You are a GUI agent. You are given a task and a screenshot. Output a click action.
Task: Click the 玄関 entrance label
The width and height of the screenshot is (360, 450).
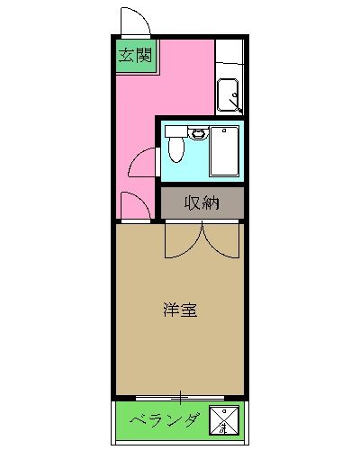(x=136, y=55)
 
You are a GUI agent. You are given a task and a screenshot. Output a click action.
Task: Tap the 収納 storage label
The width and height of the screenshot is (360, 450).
(x=202, y=202)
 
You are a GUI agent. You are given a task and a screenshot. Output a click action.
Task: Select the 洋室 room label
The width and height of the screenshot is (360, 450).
(x=180, y=310)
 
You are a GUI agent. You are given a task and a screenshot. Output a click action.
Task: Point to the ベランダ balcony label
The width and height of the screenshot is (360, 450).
(x=165, y=420)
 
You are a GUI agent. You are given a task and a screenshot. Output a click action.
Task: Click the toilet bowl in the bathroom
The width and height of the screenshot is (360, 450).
(x=176, y=149)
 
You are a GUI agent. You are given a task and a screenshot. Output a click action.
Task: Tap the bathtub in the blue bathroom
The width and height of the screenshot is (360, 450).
(x=225, y=151)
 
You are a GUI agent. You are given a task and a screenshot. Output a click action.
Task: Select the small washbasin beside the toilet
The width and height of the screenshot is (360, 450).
(x=198, y=133)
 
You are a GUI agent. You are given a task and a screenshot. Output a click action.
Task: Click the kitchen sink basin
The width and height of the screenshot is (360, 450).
(x=228, y=94)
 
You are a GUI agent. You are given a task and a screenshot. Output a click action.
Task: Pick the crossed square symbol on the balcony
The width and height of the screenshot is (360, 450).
(x=224, y=420)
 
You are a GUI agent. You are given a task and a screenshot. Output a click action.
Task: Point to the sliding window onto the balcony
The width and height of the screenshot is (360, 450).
(x=180, y=398)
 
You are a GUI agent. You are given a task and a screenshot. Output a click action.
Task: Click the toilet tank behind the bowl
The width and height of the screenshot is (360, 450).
(x=176, y=131)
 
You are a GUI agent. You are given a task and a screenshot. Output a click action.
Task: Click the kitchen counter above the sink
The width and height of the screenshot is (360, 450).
(x=229, y=51)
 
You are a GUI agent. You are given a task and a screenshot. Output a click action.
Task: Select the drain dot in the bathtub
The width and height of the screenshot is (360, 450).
(x=223, y=130)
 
